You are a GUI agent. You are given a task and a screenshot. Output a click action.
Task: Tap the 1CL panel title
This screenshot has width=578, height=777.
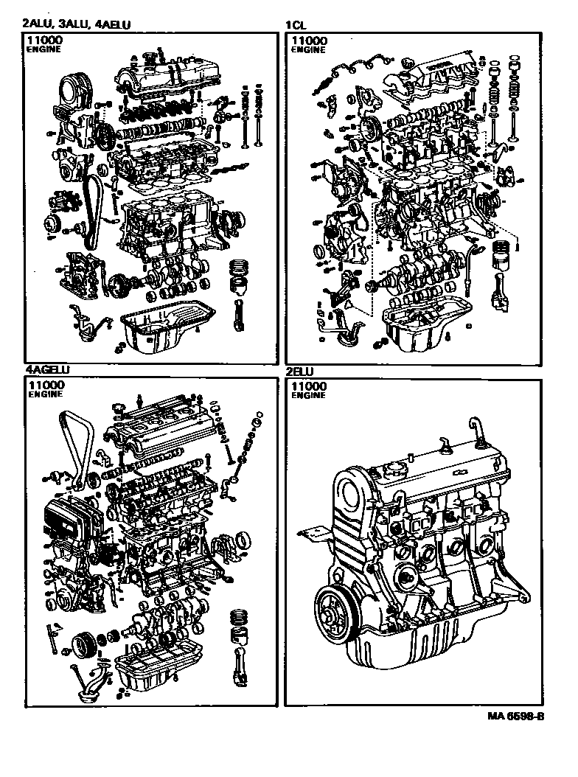coord(296,24)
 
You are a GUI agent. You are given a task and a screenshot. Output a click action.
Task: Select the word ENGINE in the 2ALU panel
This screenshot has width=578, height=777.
coord(43,49)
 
